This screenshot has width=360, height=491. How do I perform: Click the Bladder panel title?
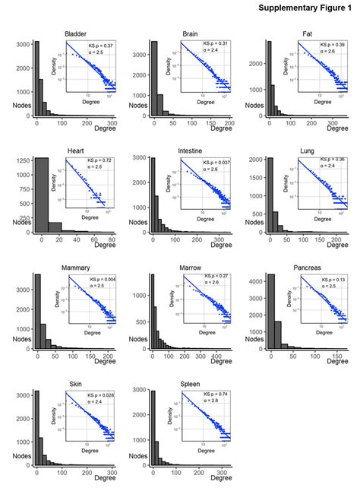(75, 34)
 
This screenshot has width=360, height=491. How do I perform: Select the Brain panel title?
(191, 34)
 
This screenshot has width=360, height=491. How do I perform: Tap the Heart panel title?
(75, 151)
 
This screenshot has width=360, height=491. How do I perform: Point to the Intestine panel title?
(190, 151)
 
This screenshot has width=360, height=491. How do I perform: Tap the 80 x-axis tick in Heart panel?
(111, 240)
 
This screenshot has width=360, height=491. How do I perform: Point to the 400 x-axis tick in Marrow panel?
(213, 356)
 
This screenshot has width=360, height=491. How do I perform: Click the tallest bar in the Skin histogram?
(36, 429)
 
